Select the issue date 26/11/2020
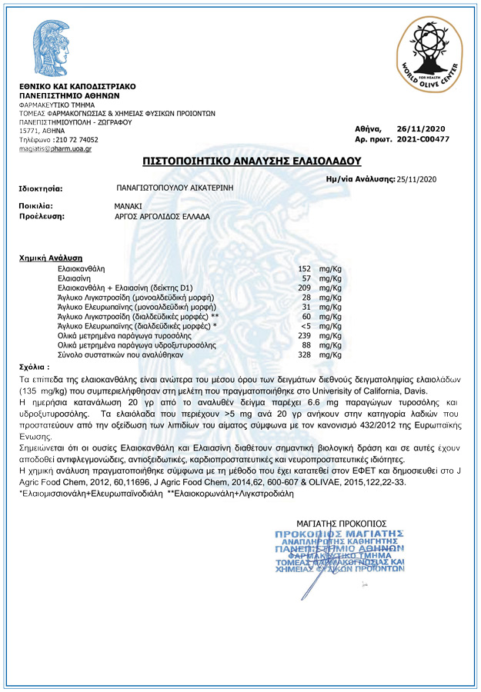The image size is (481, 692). (421, 128)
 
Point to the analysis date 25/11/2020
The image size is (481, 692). (416, 179)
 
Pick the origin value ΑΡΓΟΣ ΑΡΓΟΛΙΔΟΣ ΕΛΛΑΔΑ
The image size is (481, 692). (162, 216)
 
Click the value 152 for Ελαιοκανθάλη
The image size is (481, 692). (304, 268)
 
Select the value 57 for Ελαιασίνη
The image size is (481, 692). (306, 278)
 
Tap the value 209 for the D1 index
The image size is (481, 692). (304, 287)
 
